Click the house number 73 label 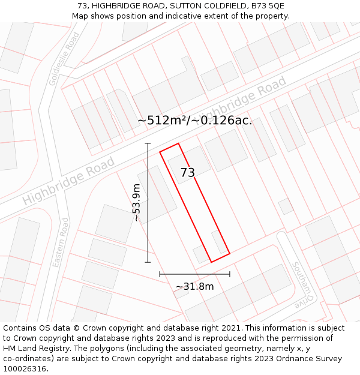click(x=187, y=173)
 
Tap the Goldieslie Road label click(x=64, y=59)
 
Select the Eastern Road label click(x=61, y=242)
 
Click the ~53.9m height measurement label click(x=136, y=203)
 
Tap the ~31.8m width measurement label click(x=194, y=287)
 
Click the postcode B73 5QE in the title click(x=268, y=6)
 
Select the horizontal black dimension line click(x=194, y=274)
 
